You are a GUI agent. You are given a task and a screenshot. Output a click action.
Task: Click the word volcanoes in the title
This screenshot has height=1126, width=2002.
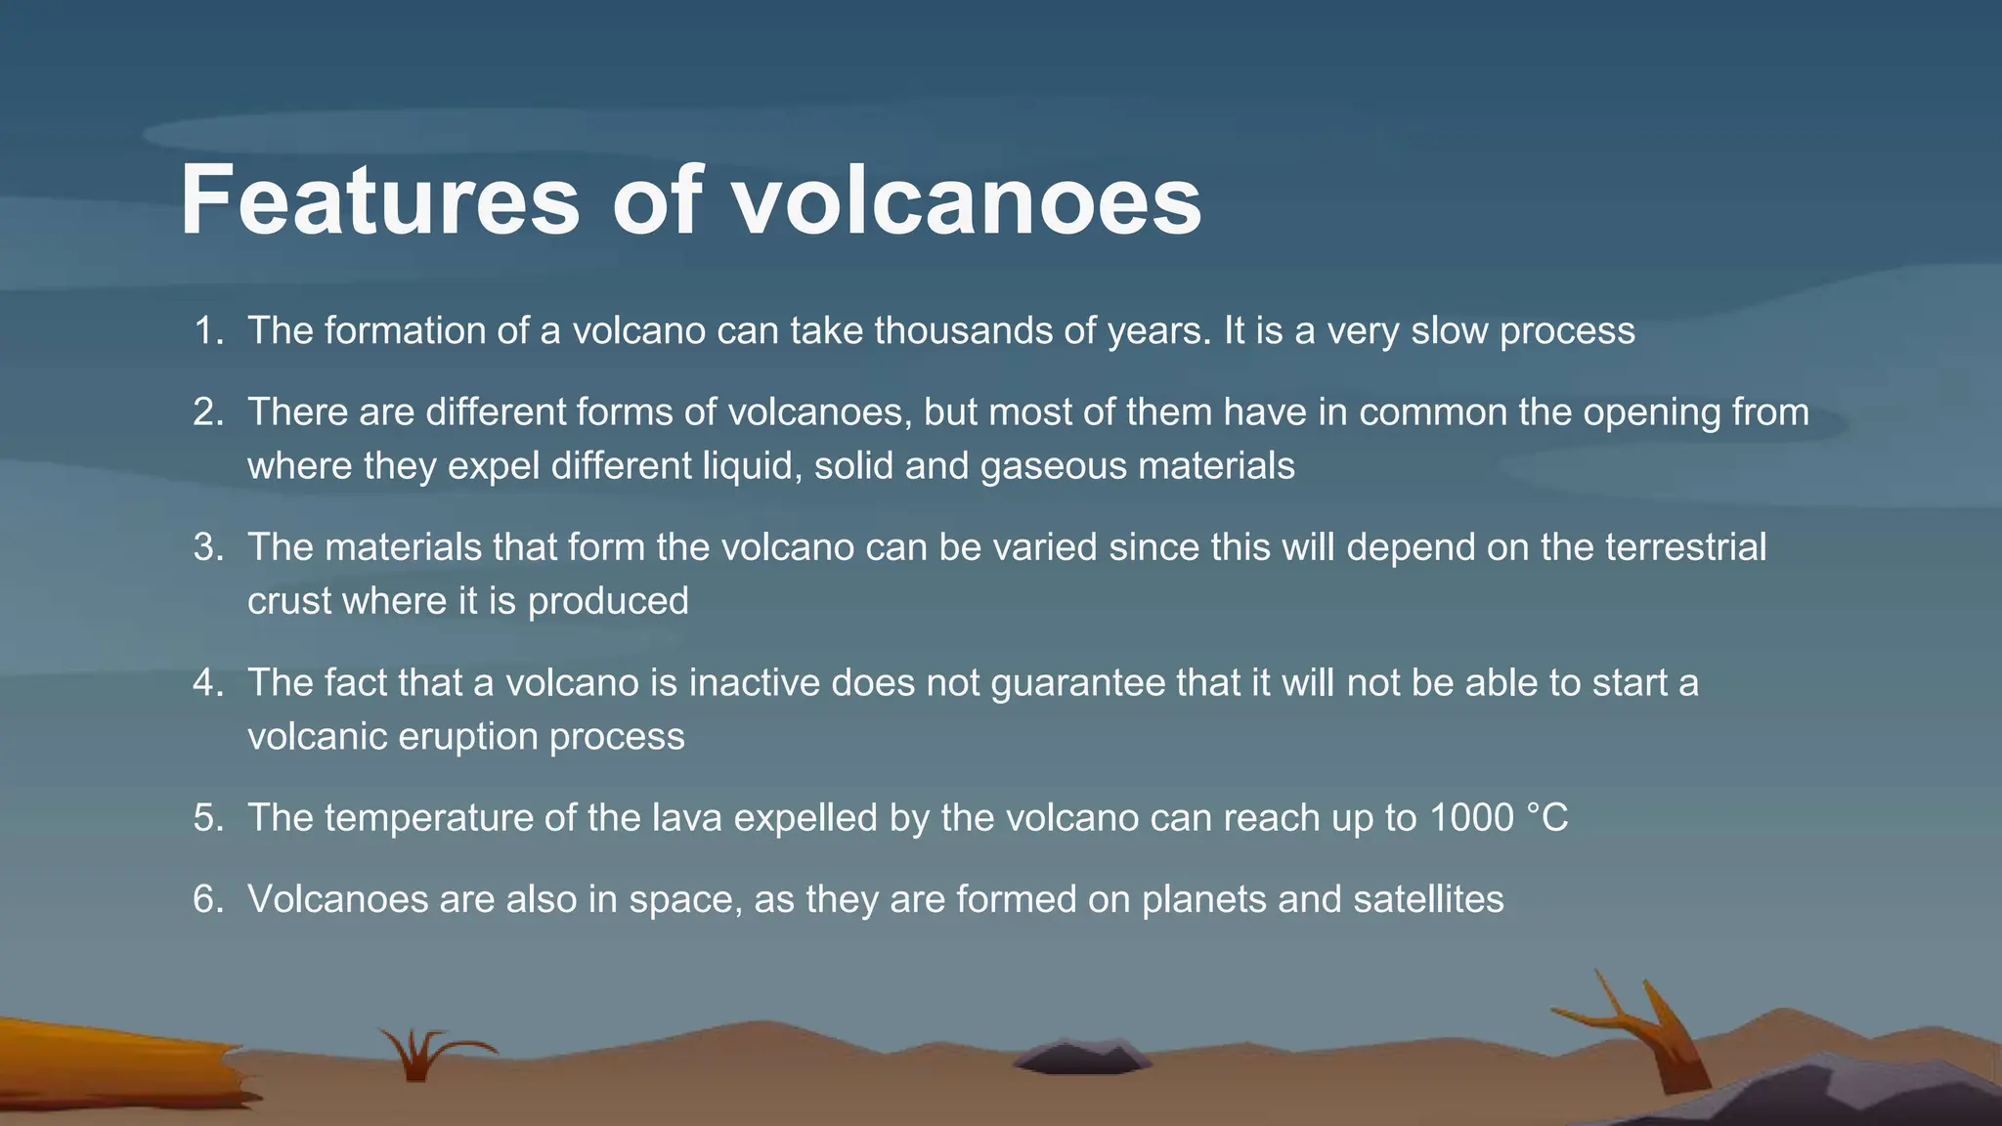(967, 200)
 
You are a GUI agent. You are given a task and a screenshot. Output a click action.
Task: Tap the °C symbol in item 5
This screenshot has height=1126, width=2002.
(1547, 818)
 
